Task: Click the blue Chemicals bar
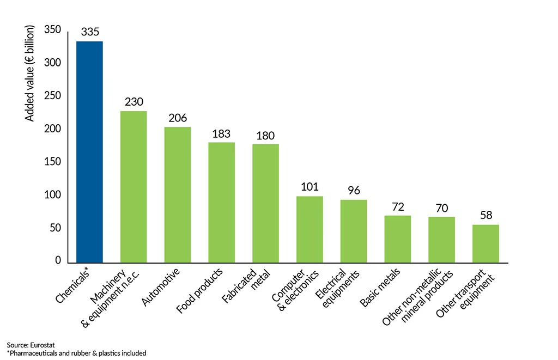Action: point(89,152)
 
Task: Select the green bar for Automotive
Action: point(178,195)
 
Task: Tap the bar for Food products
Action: point(221,203)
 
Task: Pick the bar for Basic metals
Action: point(397,240)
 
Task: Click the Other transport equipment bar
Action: point(486,244)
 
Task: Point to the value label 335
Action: point(90,32)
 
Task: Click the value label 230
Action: point(134,102)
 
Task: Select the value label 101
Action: point(310,187)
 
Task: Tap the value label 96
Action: point(354,191)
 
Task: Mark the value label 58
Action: point(486,215)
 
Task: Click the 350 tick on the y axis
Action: point(53,30)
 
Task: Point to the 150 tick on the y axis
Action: point(53,162)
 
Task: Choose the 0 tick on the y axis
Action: point(58,261)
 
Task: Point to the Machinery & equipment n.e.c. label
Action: point(112,297)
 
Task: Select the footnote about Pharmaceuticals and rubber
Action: point(76,353)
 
